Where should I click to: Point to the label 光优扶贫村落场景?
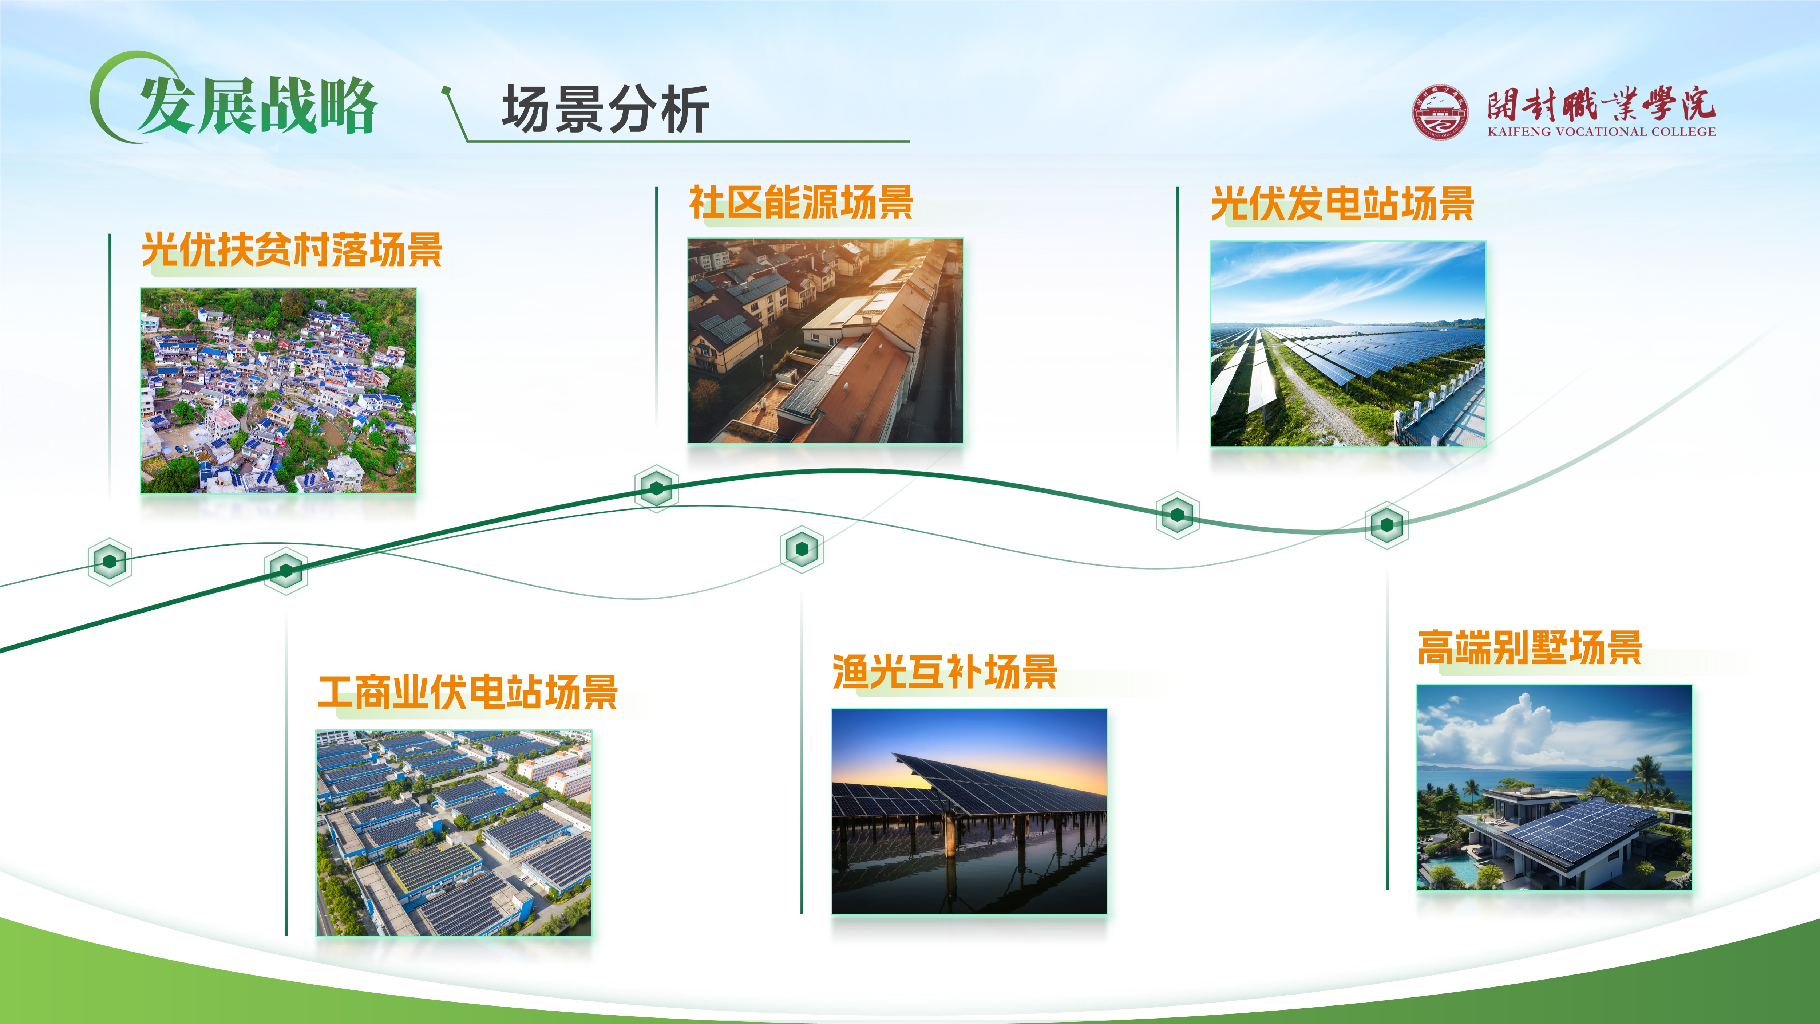292,249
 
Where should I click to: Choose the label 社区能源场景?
801,203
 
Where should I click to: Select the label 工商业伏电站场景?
468,692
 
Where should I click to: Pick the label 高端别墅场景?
1530,647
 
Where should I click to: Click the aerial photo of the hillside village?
278,390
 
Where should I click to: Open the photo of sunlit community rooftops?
825,340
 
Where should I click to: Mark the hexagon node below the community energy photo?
656,488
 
